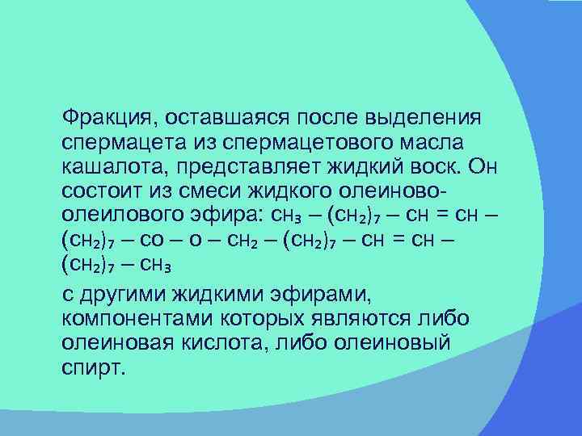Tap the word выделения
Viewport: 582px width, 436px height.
coord(426,118)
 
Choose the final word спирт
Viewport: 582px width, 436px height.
coord(94,367)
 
